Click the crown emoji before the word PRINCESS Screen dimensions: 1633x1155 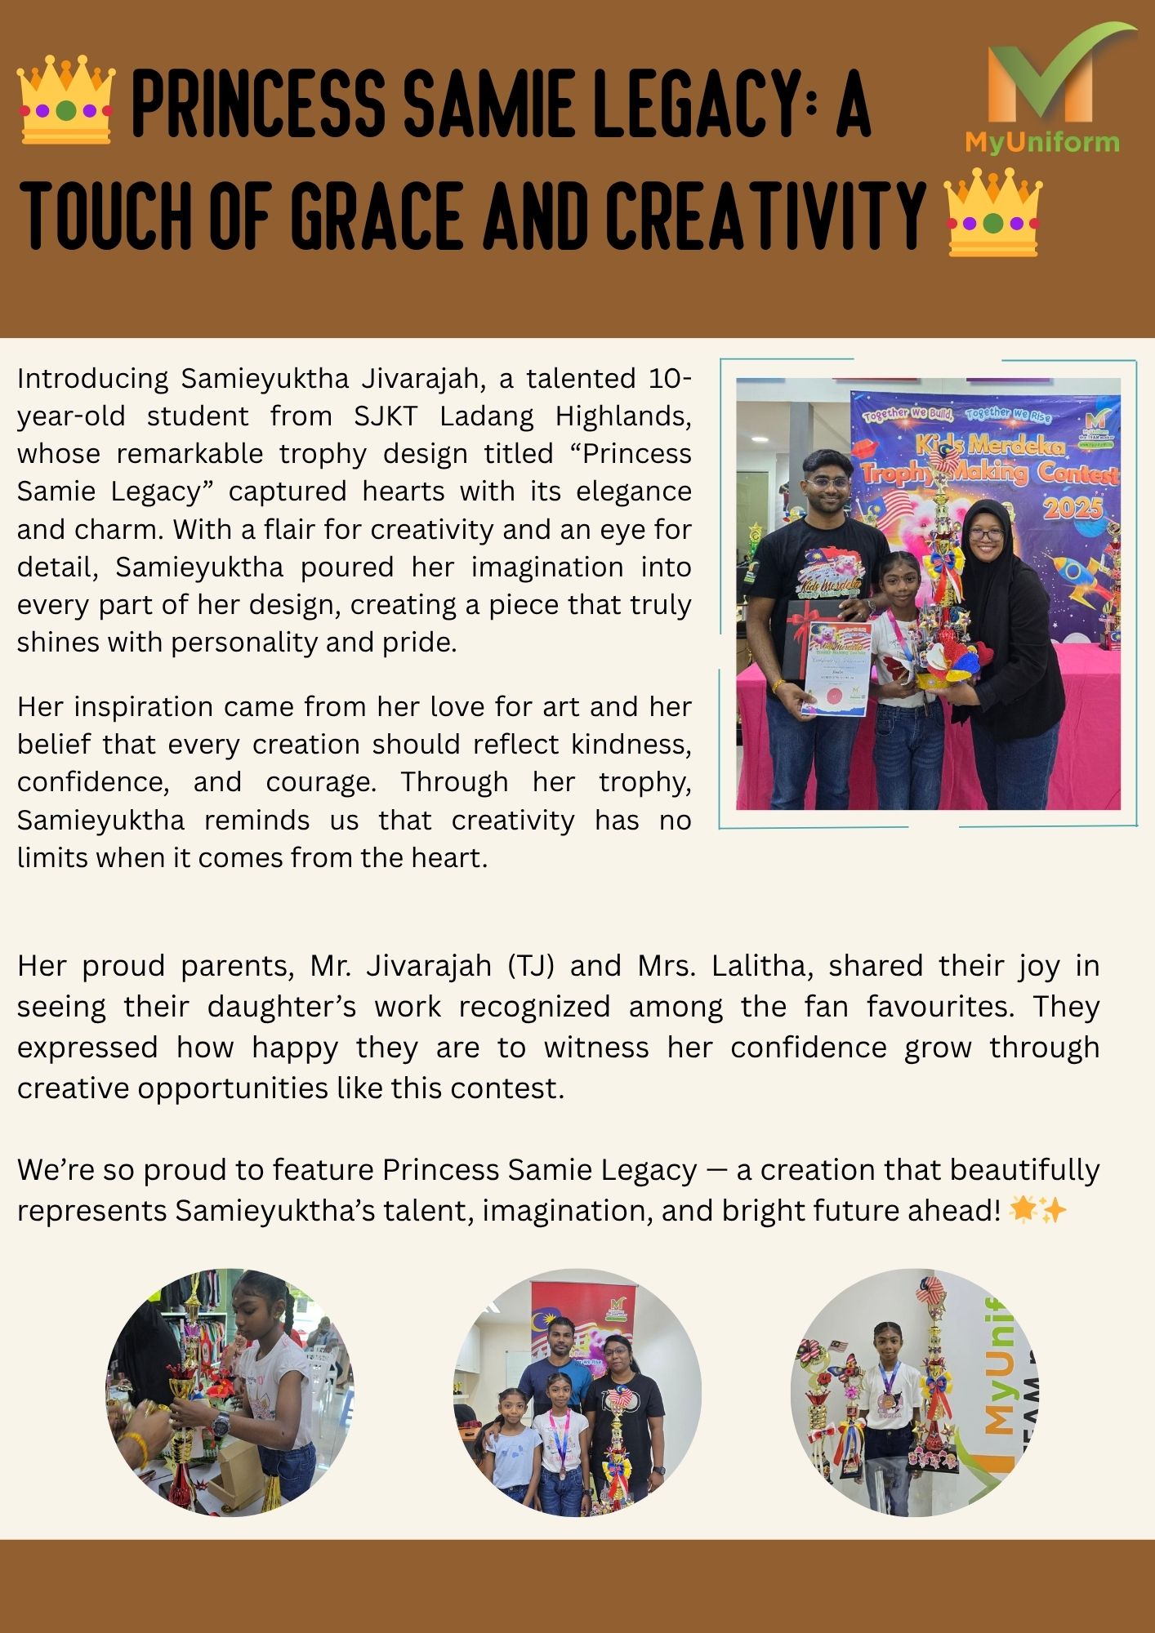click(x=66, y=100)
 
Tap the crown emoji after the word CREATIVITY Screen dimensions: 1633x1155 click(x=992, y=212)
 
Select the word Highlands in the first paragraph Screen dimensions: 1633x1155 click(x=622, y=416)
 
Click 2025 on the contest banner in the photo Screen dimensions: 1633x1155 click(x=1072, y=508)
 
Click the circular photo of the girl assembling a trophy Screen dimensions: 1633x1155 click(x=230, y=1392)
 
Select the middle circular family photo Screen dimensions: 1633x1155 click(x=577, y=1392)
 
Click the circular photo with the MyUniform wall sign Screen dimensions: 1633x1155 click(x=915, y=1392)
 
